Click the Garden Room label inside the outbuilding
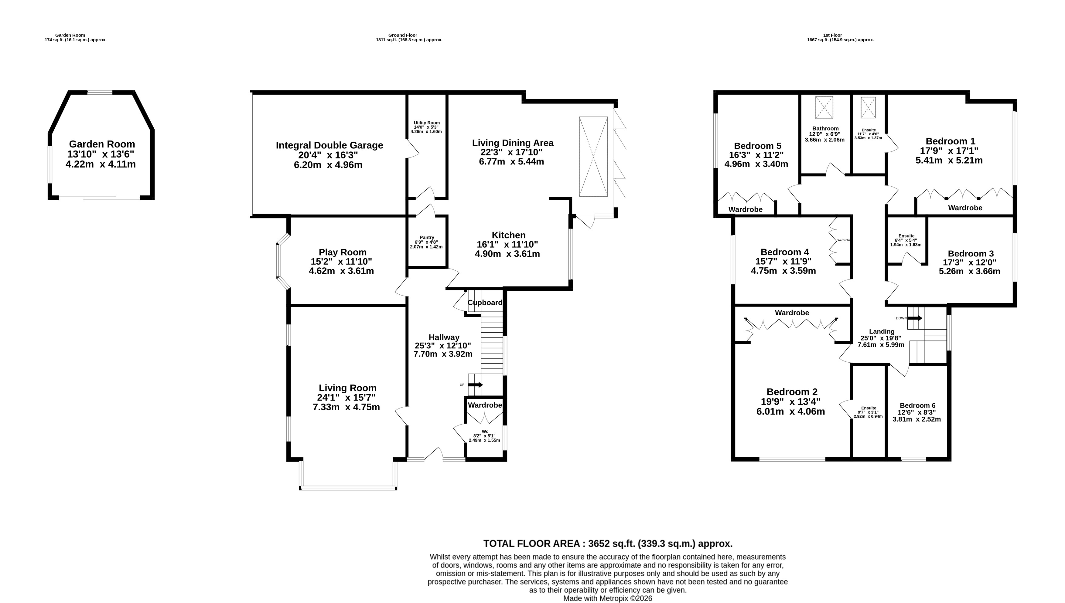coord(102,144)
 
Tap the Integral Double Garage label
coord(329,145)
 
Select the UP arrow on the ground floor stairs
coord(475,385)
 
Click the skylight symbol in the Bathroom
coord(824,108)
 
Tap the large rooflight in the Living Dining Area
coord(593,157)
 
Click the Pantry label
coord(427,238)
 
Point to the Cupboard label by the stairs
coord(485,303)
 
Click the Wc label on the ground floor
coord(485,432)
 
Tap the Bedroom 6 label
coord(917,405)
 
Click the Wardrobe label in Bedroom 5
coord(746,210)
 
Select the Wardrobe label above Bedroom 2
coord(792,313)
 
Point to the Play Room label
coord(343,252)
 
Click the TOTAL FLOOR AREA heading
coord(608,544)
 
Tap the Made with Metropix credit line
coord(607,598)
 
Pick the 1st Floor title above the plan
coord(840,35)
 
